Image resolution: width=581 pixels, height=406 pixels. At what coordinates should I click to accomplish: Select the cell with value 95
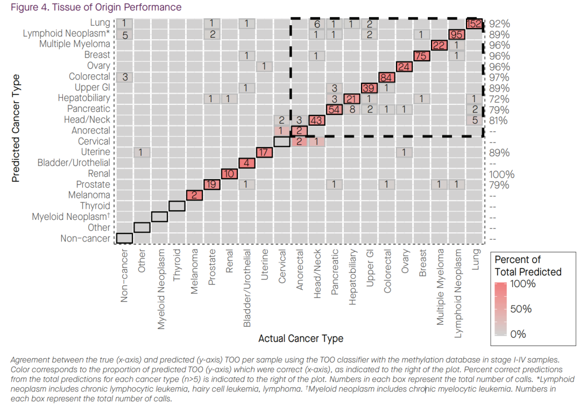pos(457,34)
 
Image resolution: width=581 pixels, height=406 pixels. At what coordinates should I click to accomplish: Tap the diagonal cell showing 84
pos(387,77)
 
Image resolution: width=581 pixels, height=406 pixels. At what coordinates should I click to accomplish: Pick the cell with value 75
pos(422,55)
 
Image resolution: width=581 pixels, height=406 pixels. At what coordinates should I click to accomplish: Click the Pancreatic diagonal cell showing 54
pos(334,109)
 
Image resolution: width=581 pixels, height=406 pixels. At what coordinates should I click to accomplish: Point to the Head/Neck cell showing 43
pos(316,120)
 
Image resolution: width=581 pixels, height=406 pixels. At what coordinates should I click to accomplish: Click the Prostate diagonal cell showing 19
pos(211,184)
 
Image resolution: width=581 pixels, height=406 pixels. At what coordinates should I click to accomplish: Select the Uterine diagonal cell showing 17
pos(264,152)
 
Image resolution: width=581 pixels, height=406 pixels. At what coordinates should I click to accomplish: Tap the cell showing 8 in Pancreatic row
pos(352,109)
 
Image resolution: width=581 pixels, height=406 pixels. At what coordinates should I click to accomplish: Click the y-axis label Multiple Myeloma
pos(75,44)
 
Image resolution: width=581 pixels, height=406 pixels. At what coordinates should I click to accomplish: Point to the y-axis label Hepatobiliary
pos(84,98)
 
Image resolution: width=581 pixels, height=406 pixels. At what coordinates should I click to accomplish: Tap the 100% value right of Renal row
pos(502,174)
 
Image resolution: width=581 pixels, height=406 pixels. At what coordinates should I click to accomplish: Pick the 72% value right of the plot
pos(499,99)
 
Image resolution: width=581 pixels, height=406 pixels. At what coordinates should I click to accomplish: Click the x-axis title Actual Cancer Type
pos(301,338)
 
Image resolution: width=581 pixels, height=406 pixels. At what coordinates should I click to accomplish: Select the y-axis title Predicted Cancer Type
pos(16,129)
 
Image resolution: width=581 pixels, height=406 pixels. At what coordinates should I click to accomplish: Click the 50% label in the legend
pos(520,309)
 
